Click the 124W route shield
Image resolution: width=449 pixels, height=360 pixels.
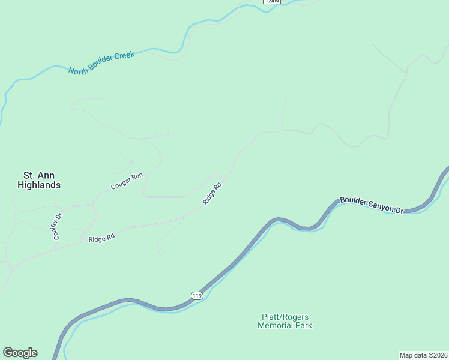pyautogui.click(x=271, y=2)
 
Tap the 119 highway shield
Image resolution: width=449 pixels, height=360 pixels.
pyautogui.click(x=197, y=295)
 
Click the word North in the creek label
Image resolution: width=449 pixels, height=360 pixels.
pyautogui.click(x=78, y=70)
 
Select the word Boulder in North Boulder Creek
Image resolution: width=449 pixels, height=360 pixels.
pyautogui.click(x=100, y=64)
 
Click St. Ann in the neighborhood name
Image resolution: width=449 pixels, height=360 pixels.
pyautogui.click(x=37, y=175)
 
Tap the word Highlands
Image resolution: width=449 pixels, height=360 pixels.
pyautogui.click(x=38, y=185)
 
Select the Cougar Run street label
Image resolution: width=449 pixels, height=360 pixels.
pyautogui.click(x=127, y=181)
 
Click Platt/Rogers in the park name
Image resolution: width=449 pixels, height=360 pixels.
pyautogui.click(x=285, y=317)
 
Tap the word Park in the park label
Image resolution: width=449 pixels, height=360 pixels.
pyautogui.click(x=304, y=326)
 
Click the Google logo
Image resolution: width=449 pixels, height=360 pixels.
pyautogui.click(x=20, y=353)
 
